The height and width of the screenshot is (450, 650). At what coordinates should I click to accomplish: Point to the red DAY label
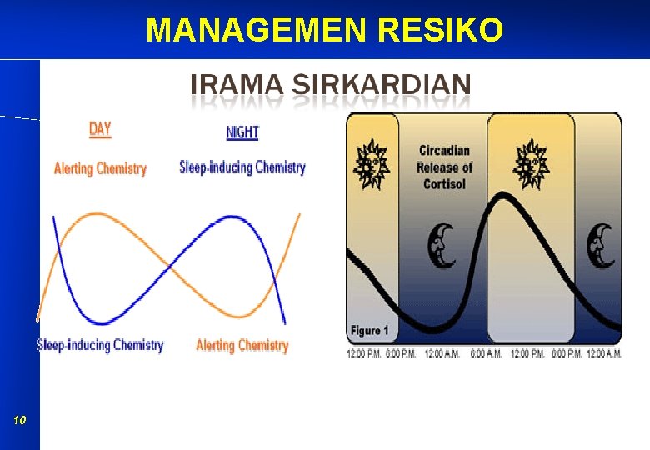coord(100,129)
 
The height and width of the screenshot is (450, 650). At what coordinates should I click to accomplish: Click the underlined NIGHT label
coord(242,132)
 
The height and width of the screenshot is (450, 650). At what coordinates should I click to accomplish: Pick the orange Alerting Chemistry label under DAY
coord(100,168)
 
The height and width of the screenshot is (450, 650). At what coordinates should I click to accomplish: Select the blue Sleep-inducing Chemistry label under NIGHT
coord(242,167)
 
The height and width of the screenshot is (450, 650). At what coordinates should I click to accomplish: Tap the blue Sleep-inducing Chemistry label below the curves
coord(100,345)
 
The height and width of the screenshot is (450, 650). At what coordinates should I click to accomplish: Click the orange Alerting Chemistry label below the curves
coord(242,345)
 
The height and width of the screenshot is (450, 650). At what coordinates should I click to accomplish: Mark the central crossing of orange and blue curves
coord(170,267)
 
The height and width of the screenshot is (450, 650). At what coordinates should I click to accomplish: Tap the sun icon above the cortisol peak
coord(530,163)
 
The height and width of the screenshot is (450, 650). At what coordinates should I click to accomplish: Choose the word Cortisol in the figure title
coord(444,183)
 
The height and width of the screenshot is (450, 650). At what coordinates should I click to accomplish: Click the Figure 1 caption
coord(369,331)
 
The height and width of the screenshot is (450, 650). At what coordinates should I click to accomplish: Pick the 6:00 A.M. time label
coord(487,354)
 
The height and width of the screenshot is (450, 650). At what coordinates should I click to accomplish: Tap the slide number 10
coord(20,421)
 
